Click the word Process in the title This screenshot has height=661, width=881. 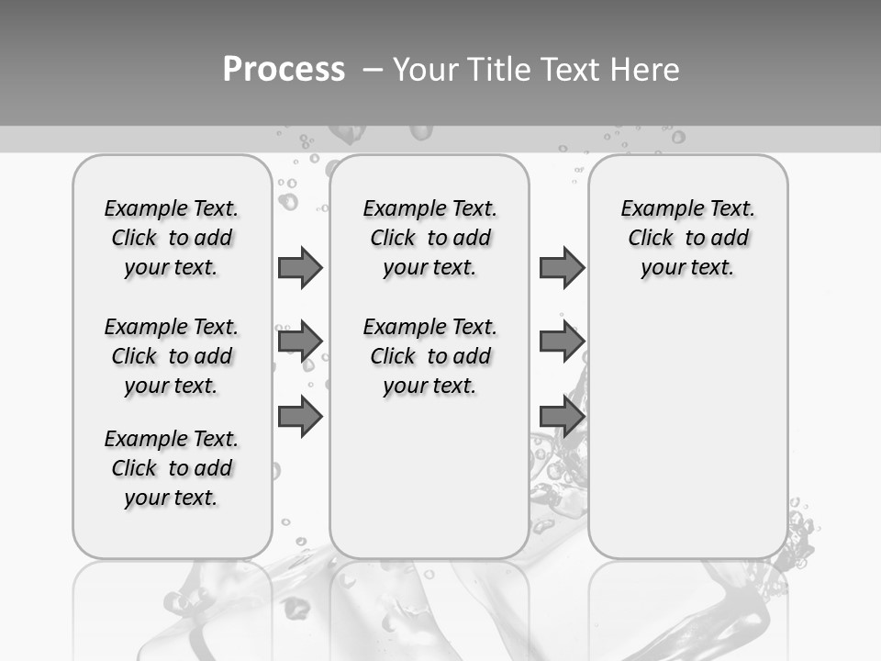point(284,70)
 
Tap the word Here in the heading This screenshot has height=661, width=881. point(646,70)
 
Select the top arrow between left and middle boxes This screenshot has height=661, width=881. point(300,267)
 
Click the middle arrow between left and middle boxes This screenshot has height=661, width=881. point(300,342)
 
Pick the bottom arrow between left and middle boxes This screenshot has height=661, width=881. point(300,416)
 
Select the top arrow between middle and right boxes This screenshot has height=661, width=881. point(562,267)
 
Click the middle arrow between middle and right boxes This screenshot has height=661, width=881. point(562,342)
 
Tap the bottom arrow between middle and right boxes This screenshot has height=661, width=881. point(562,416)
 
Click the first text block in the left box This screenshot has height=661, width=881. point(172,238)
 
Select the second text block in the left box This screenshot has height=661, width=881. point(172,356)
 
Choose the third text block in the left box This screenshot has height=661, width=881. point(172,468)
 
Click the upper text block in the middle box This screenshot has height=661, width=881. point(429,238)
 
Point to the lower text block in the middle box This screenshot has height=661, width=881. point(429,356)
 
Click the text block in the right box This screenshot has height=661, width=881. point(688,238)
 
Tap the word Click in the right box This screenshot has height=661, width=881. point(651,239)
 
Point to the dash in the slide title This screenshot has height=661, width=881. point(373,70)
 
